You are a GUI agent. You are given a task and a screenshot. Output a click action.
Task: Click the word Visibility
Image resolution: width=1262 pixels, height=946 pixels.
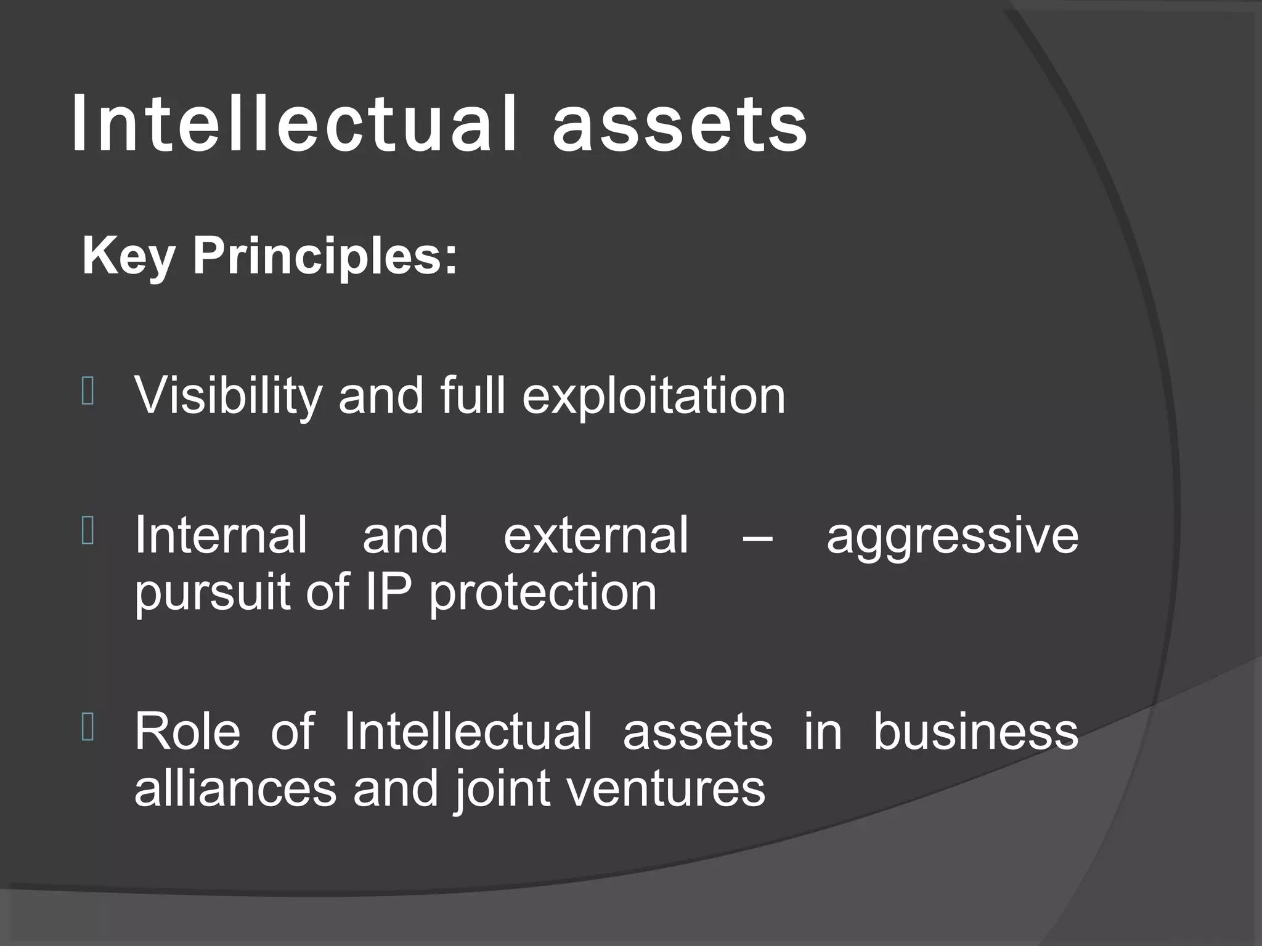point(228,397)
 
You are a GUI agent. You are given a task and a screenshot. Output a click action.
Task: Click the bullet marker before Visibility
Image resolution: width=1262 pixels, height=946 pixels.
point(88,392)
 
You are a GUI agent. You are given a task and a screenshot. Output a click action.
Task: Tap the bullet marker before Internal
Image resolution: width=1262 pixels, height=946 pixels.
point(88,532)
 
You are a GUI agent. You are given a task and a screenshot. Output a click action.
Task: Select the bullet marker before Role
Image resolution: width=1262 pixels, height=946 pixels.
point(88,727)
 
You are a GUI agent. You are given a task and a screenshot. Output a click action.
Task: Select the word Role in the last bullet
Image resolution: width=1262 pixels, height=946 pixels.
point(187,731)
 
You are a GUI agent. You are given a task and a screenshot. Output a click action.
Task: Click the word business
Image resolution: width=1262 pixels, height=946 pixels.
point(975,731)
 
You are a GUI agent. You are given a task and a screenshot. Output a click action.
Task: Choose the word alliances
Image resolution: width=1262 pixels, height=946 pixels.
point(235,788)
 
